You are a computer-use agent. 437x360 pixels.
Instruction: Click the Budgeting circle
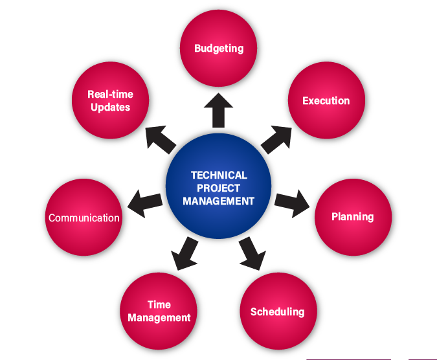(x=219, y=49)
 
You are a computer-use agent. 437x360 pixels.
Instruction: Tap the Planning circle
(x=353, y=217)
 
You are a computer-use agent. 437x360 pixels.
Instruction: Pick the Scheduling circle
(x=278, y=312)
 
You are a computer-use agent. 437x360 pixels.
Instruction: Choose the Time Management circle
(x=159, y=311)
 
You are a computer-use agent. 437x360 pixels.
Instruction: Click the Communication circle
(x=84, y=218)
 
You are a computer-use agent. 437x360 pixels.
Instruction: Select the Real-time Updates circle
(x=111, y=101)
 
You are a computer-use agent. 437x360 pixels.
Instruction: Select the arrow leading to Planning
(x=293, y=202)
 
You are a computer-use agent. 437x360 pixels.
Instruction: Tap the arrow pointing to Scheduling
(x=252, y=253)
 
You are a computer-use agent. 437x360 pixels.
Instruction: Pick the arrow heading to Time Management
(x=185, y=254)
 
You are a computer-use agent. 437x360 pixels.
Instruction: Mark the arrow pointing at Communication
(x=144, y=202)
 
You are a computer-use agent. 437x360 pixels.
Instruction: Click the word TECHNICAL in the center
(x=219, y=175)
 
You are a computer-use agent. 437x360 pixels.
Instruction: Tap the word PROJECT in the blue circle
(x=219, y=188)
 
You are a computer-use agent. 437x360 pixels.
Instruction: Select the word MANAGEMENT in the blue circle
(x=219, y=201)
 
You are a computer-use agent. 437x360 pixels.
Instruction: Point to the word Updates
(x=111, y=107)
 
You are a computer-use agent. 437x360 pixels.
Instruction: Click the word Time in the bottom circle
(x=159, y=305)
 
